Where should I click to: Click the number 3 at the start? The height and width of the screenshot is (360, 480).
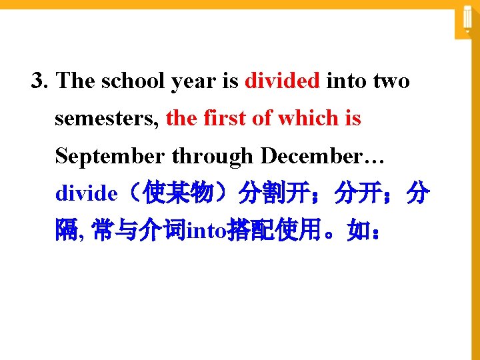pyautogui.click(x=39, y=82)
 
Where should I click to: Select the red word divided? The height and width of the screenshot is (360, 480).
pyautogui.click(x=283, y=81)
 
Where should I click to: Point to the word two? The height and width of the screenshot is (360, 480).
pyautogui.click(x=392, y=82)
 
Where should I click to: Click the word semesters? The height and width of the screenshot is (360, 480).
pyautogui.click(x=107, y=119)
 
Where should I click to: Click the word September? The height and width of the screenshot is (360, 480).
pyautogui.click(x=111, y=157)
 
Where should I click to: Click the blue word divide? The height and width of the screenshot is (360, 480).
pyautogui.click(x=85, y=194)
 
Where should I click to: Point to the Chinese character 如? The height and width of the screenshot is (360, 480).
pyautogui.click(x=357, y=231)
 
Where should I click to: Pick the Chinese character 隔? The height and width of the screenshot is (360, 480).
pyautogui.click(x=67, y=231)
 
